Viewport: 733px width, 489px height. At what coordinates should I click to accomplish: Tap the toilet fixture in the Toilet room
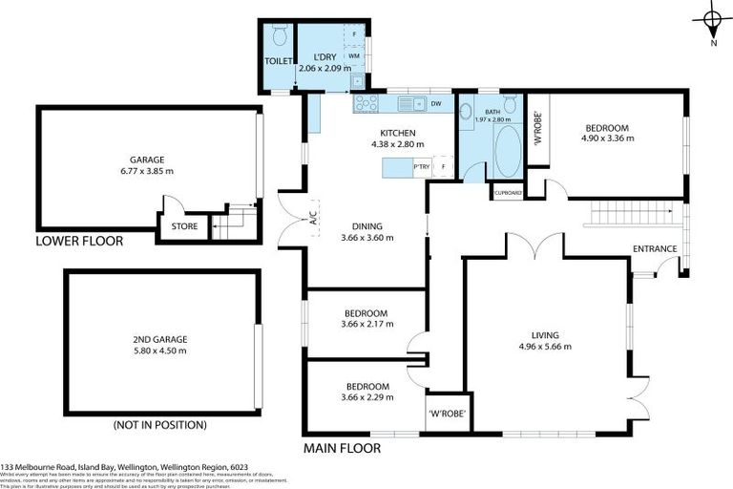[x=279, y=36]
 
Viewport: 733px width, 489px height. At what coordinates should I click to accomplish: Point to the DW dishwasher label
[x=434, y=103]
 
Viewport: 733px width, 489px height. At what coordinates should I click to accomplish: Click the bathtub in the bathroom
[x=507, y=152]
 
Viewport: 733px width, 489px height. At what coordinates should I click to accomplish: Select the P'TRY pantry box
[x=420, y=168]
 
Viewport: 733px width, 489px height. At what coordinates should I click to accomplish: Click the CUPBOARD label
[x=508, y=193]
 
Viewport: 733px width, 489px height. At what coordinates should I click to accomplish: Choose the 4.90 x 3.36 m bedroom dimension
[x=607, y=138]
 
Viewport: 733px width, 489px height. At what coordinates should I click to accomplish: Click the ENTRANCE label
[x=655, y=249]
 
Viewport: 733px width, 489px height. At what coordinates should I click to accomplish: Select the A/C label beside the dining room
[x=313, y=219]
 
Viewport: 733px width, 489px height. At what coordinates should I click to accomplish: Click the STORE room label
[x=184, y=227]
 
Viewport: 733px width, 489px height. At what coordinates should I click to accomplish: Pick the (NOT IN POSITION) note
[x=159, y=425]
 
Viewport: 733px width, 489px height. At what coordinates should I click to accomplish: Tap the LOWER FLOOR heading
[x=79, y=242]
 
